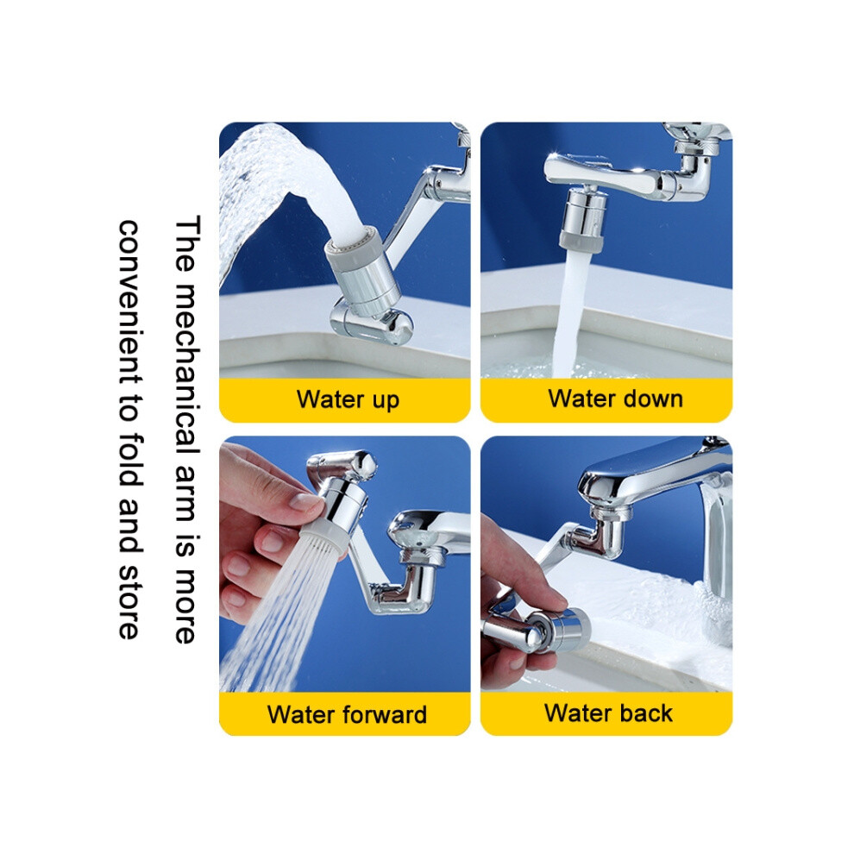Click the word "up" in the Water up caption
coord(386,400)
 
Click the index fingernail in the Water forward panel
coord(305,500)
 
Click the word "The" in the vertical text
coord(188,243)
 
